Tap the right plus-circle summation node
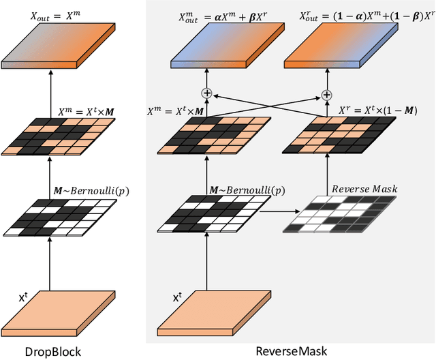tap(326, 94)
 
